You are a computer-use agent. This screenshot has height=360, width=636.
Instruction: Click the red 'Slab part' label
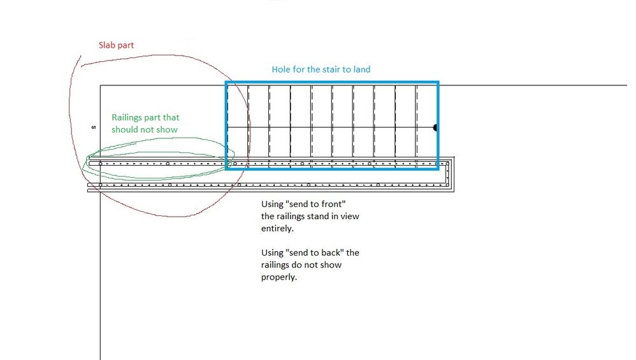click(116, 46)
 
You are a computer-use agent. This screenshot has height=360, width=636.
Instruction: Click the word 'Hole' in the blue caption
click(282, 69)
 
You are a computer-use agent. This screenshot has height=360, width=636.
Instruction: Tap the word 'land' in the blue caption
click(361, 69)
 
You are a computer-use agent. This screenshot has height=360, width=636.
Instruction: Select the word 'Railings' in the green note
click(128, 118)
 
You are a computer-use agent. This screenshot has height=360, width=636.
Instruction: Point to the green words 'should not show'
click(145, 129)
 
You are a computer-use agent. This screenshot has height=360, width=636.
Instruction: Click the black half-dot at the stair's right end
click(435, 128)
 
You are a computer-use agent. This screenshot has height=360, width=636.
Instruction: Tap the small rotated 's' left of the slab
click(93, 127)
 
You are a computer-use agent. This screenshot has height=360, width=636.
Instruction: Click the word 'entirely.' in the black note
click(277, 228)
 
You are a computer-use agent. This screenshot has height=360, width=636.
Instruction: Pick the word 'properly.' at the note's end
click(279, 277)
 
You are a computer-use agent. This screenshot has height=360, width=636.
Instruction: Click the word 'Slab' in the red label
click(107, 46)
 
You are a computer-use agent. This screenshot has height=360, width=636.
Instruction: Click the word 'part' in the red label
click(126, 46)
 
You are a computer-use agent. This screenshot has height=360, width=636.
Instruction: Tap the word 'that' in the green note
click(171, 118)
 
